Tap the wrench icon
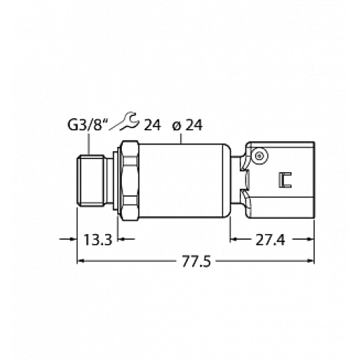click(x=129, y=123)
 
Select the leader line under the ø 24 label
click(x=184, y=138)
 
